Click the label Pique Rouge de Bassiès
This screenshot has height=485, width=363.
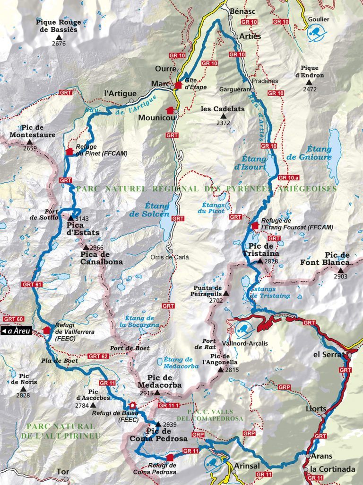click(59, 26)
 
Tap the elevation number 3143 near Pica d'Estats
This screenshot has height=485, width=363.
click(82, 219)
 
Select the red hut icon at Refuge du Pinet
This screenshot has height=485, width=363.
click(70, 152)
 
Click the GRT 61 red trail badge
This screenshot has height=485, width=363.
click(32, 285)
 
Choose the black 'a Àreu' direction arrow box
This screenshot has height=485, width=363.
click(16, 331)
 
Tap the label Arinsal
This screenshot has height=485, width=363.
click(244, 466)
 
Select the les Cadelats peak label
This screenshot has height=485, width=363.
click(223, 109)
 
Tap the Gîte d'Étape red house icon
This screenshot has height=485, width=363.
click(178, 85)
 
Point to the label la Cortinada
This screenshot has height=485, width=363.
click(333, 470)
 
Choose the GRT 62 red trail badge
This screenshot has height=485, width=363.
click(97, 356)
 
